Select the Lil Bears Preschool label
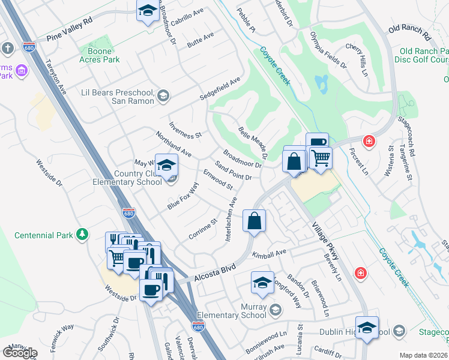point(117,96)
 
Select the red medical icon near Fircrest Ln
point(369,142)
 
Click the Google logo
point(20,352)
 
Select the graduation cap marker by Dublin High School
point(367,328)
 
